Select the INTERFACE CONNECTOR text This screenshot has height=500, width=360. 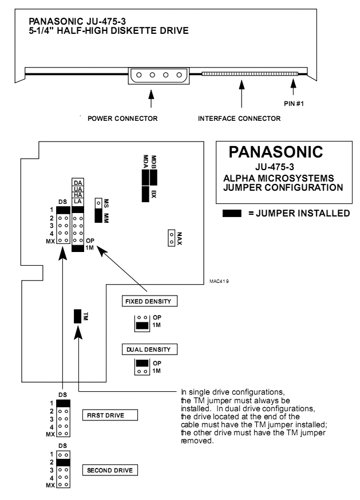(x=239, y=119)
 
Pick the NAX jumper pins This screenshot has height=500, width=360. (x=170, y=238)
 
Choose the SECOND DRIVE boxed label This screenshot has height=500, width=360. (x=108, y=470)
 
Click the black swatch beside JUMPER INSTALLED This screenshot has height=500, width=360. (x=235, y=212)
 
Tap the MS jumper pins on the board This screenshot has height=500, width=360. (x=99, y=203)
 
